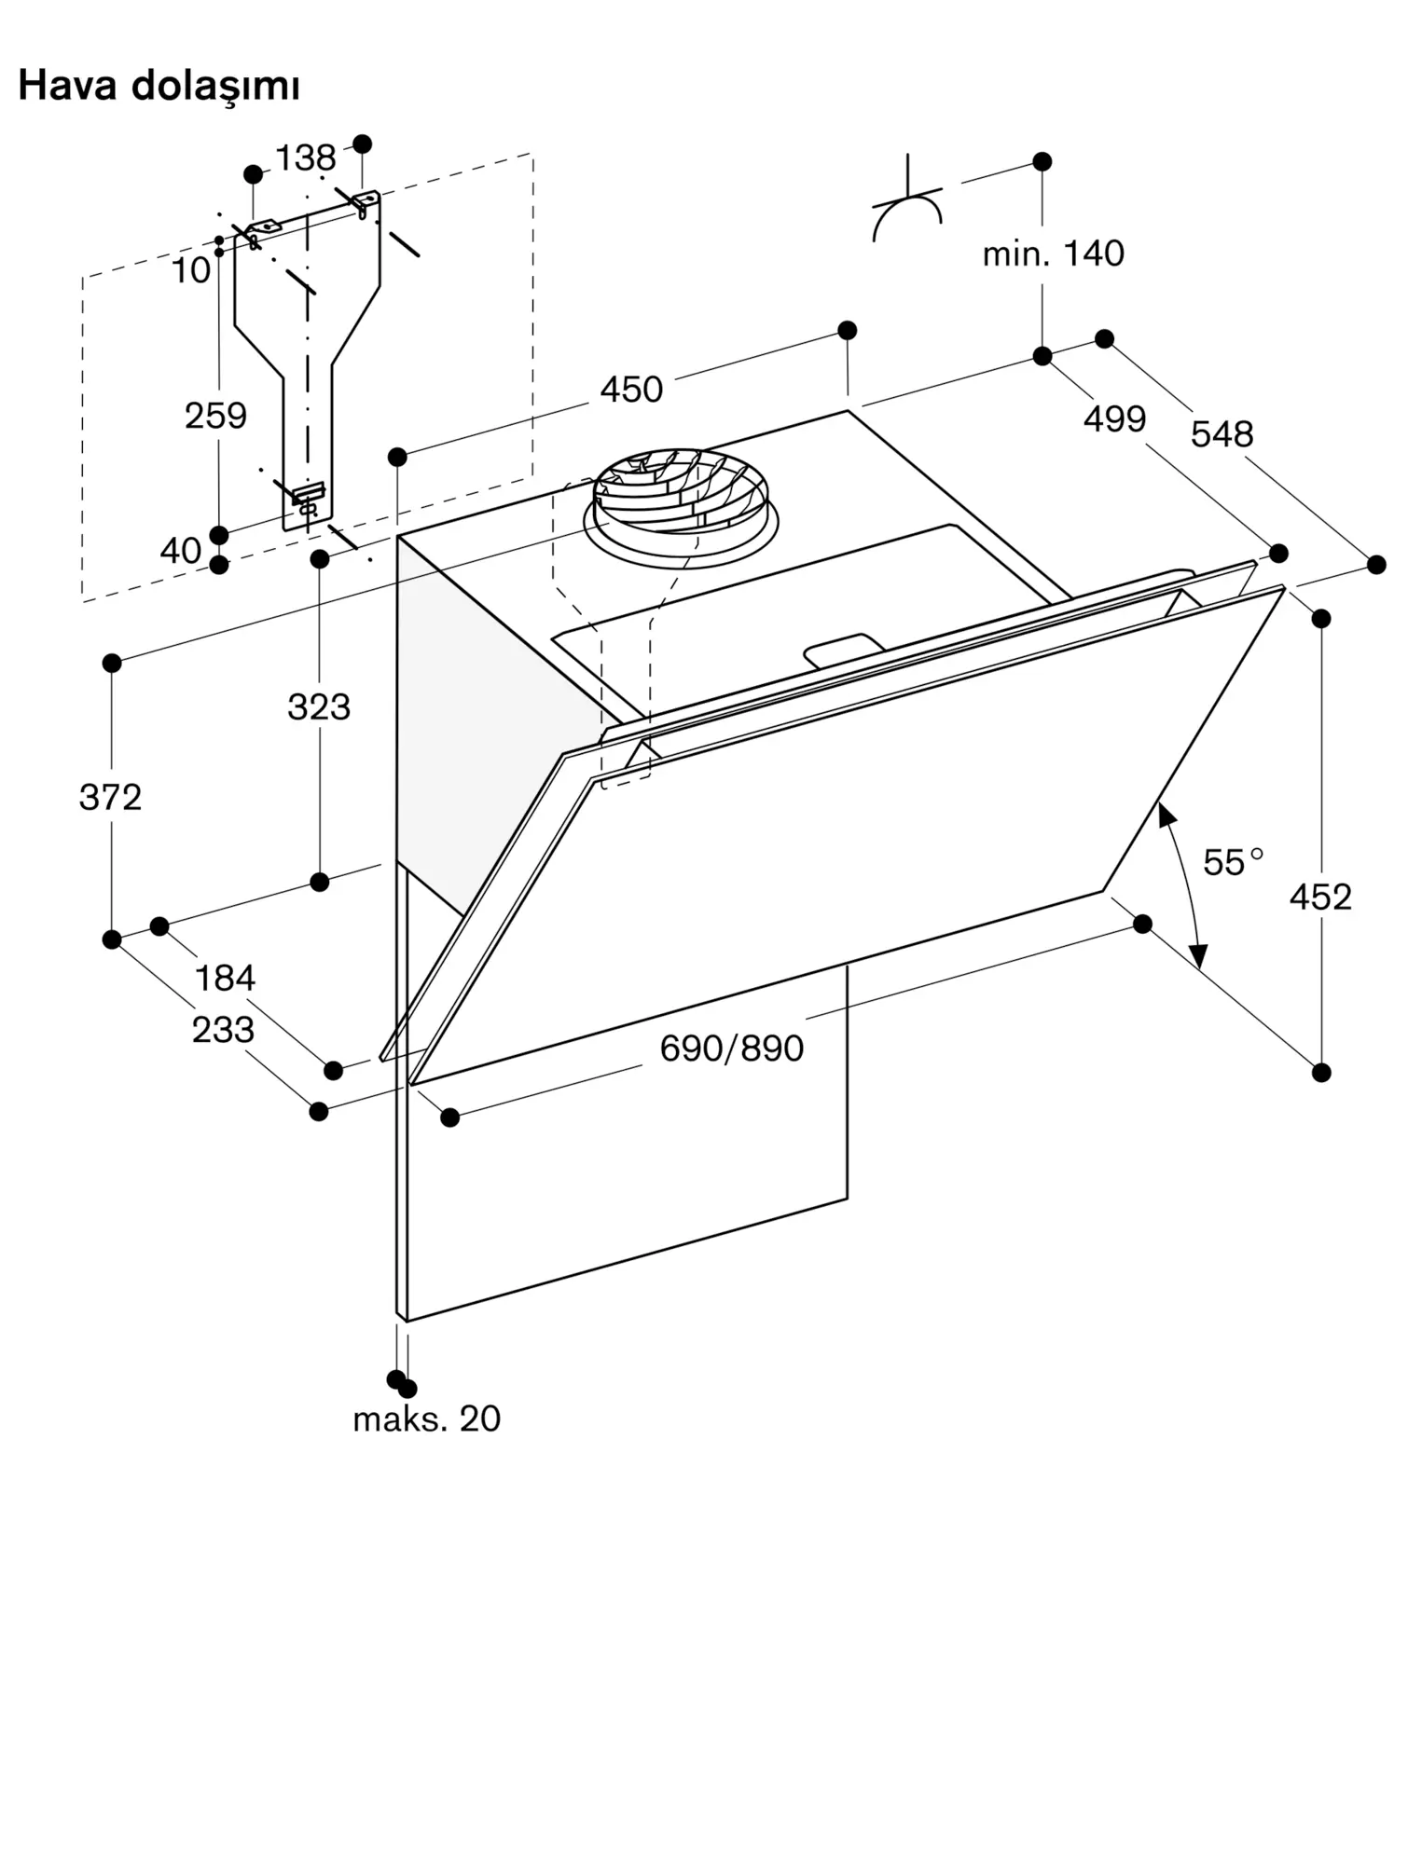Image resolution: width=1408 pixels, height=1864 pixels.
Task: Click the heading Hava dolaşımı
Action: point(159,87)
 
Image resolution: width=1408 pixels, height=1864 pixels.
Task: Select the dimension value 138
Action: point(306,158)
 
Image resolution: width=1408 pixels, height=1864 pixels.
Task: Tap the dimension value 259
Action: point(215,416)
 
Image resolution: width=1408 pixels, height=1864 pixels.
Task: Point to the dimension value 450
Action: point(631,390)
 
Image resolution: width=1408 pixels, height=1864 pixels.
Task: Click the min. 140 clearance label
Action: point(1054,254)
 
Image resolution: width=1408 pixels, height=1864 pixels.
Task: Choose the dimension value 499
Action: point(1114,419)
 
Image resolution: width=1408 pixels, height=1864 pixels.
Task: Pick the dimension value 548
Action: point(1222,434)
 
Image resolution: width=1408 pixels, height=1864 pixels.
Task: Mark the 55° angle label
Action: point(1233,862)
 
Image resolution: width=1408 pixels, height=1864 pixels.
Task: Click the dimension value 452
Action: point(1320,898)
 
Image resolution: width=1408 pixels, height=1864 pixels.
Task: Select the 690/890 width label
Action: point(732,1049)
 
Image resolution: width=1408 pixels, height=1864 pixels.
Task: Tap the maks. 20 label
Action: point(427,1419)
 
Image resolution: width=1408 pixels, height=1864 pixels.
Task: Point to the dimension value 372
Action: point(110,798)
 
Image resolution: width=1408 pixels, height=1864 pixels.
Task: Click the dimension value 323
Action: point(319,707)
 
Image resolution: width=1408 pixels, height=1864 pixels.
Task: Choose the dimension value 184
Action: point(225,979)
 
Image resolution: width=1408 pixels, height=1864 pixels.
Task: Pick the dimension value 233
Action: point(223,1031)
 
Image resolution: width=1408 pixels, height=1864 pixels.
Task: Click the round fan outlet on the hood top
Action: point(681,508)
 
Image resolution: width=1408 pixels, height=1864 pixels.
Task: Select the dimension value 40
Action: point(181,551)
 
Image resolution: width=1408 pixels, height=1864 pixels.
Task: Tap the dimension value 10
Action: point(191,271)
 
